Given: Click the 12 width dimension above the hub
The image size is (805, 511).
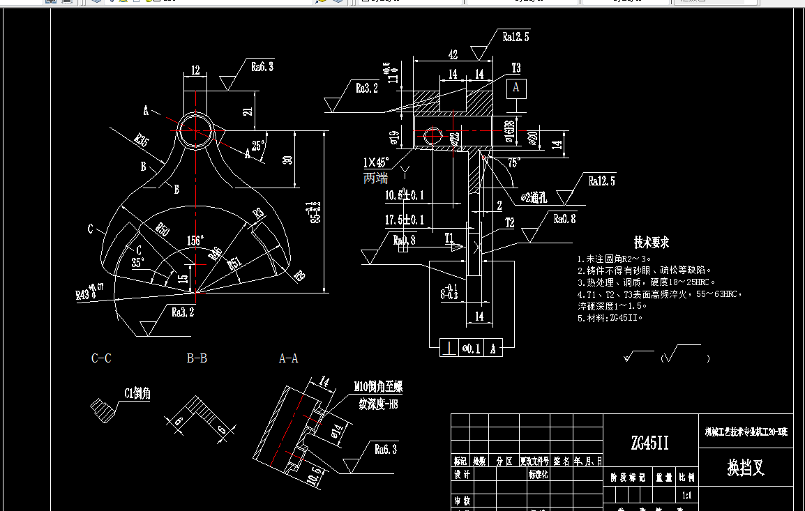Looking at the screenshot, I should pyautogui.click(x=195, y=70).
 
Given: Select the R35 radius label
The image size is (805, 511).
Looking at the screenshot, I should pyautogui.click(x=142, y=139).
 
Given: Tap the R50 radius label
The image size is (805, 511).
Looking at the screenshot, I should pyautogui.click(x=162, y=229).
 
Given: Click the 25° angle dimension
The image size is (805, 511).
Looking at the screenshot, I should pyautogui.click(x=258, y=146).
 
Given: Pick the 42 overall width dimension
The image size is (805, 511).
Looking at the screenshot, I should pyautogui.click(x=453, y=54).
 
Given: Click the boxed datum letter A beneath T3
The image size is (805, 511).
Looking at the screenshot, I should pyautogui.click(x=516, y=88).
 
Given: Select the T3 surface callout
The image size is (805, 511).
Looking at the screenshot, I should pyautogui.click(x=516, y=68).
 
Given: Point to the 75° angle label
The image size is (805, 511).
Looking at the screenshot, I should pyautogui.click(x=513, y=162).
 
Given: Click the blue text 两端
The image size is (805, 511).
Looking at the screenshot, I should pyautogui.click(x=375, y=178).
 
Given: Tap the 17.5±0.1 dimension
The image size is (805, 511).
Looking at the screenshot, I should pyautogui.click(x=405, y=220).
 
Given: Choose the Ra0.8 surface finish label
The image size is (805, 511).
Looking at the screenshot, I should pyautogui.click(x=565, y=219).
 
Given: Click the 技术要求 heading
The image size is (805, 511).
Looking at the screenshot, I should pyautogui.click(x=651, y=243).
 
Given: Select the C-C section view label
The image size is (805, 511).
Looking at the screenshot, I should pyautogui.click(x=101, y=358).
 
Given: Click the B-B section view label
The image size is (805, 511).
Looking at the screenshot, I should pyautogui.click(x=197, y=358).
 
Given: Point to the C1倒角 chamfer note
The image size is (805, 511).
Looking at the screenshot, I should pyautogui.click(x=137, y=394).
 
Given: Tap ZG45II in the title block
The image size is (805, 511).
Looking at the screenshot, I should pyautogui.click(x=649, y=443).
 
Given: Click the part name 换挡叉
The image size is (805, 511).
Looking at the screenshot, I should pyautogui.click(x=746, y=467).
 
